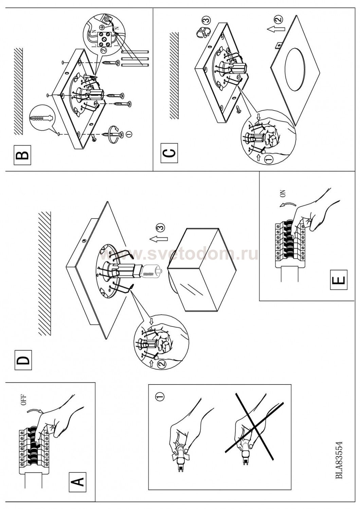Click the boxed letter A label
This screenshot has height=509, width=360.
(x=77, y=481)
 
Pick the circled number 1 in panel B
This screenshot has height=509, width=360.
(x=128, y=134)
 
